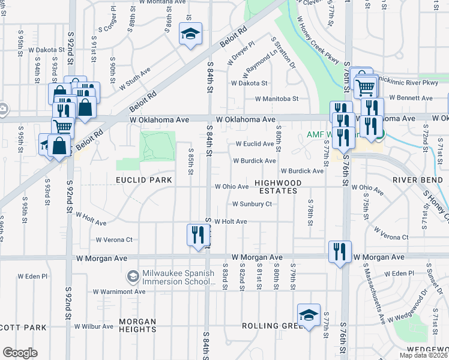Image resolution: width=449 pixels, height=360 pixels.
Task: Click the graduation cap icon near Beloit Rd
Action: (191, 34)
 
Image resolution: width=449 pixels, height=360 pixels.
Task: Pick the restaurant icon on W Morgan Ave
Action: (339, 251)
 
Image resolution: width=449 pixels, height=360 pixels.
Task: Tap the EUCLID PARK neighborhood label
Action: (144, 180)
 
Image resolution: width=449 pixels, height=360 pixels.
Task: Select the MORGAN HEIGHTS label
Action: (138, 325)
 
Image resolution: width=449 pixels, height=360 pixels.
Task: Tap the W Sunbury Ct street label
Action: (249, 204)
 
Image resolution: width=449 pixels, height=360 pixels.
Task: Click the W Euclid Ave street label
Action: (255, 144)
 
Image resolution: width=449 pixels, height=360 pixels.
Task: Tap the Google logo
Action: (20, 353)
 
